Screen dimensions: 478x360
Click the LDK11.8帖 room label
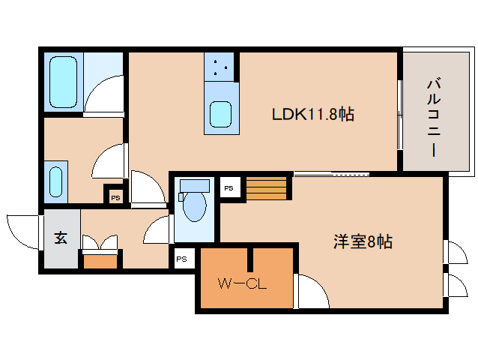tap(312, 115)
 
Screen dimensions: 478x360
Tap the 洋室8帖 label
tap(363, 241)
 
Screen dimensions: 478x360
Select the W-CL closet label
tap(242, 284)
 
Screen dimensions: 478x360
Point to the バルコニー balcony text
tap(434, 118)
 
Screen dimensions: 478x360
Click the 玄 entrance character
tap(61, 238)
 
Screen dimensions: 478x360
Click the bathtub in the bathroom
tap(63, 82)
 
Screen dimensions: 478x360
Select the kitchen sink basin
tap(220, 114)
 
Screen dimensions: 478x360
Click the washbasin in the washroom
tap(55, 181)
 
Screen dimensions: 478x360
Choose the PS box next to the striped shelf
tap(229, 188)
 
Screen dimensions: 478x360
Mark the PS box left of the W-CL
tap(182, 259)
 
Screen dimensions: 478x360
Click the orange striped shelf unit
tap(267, 188)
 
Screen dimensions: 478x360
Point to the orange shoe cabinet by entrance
tap(100, 262)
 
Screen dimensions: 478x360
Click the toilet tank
tap(195, 185)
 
